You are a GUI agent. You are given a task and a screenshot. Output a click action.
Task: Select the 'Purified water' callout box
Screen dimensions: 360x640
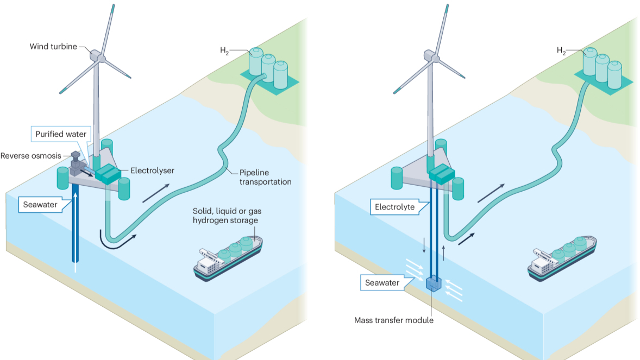(x=61, y=134)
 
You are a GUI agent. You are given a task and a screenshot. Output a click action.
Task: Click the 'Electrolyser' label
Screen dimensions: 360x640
(x=152, y=170)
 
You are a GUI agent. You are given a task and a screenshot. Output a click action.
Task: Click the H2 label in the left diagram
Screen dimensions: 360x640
(x=224, y=51)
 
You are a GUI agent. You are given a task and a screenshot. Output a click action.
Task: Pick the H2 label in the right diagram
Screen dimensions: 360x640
(x=561, y=50)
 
